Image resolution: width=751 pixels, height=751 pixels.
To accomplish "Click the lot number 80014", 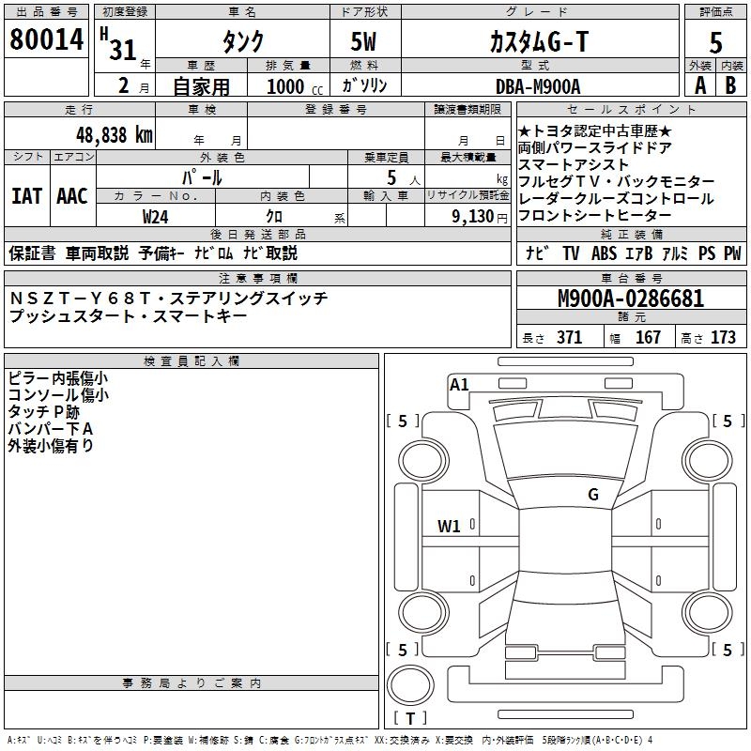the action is click(x=48, y=40).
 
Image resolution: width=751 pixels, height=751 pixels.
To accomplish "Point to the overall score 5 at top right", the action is click(x=715, y=43).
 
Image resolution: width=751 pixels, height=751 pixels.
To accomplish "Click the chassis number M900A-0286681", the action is click(x=631, y=299).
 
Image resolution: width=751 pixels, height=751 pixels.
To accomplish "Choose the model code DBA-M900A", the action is click(x=538, y=86).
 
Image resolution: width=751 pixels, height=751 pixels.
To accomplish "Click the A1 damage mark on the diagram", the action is click(x=459, y=384).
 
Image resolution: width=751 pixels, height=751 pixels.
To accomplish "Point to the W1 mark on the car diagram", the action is click(x=450, y=527).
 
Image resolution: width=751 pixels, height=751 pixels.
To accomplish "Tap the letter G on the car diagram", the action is click(x=592, y=495).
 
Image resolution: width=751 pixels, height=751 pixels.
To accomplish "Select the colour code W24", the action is click(x=156, y=215).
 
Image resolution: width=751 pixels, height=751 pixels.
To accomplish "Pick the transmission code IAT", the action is click(x=26, y=196).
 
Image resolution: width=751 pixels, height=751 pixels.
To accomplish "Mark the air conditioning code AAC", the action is click(x=71, y=196).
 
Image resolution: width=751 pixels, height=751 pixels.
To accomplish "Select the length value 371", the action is click(x=569, y=338).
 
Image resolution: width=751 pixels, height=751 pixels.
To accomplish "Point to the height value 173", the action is click(x=723, y=338).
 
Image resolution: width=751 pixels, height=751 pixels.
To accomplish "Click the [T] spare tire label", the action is click(x=410, y=719).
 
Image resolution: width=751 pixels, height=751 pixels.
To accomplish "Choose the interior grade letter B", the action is click(x=730, y=86).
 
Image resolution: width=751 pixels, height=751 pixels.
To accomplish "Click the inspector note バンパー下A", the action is click(x=51, y=429).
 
